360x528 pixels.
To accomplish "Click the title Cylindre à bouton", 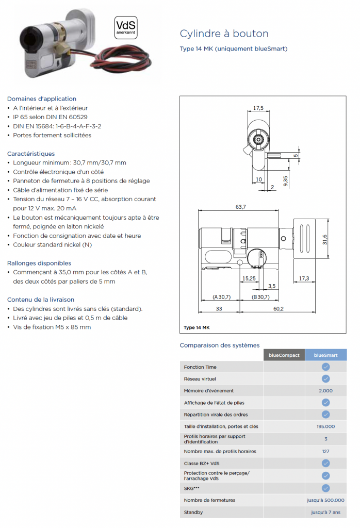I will pyautogui.click(x=224, y=34).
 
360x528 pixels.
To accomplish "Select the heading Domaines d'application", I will pyautogui.click(x=42, y=98).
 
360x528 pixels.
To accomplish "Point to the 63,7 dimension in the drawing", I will pyautogui.click(x=240, y=207).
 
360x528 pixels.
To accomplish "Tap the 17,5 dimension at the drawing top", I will pyautogui.click(x=258, y=108).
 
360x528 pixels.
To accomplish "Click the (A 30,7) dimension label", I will pyautogui.click(x=221, y=297).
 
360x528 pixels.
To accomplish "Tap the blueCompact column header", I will pyautogui.click(x=284, y=355).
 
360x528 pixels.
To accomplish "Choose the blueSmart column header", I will pyautogui.click(x=325, y=355).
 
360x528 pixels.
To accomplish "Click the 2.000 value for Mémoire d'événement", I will pyautogui.click(x=325, y=391).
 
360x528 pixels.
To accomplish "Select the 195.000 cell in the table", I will pyautogui.click(x=325, y=426).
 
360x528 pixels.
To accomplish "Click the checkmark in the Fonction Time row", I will pyautogui.click(x=325, y=367).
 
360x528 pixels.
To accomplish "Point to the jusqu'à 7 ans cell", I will pyautogui.click(x=325, y=513).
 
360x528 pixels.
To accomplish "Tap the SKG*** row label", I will pyautogui.click(x=192, y=488).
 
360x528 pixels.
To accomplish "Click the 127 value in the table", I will pyautogui.click(x=325, y=451).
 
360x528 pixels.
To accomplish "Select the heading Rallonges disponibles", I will pyautogui.click(x=39, y=263).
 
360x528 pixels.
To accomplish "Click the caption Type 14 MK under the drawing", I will pyautogui.click(x=196, y=328).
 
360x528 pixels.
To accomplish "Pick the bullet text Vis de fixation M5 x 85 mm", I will pyautogui.click(x=52, y=327).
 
